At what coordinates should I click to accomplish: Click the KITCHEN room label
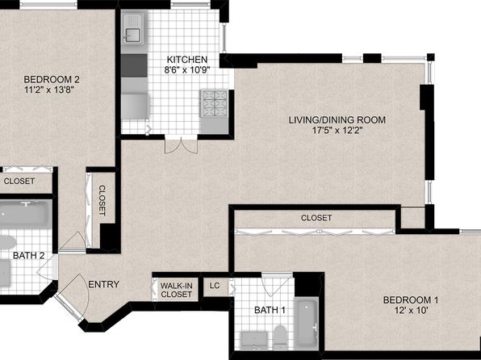(x=186, y=59)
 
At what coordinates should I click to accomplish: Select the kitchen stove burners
(x=214, y=103)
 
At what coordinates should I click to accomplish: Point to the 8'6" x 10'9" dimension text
(x=186, y=70)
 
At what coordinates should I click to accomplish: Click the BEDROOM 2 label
(x=52, y=79)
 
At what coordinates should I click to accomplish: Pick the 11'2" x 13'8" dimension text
(x=49, y=90)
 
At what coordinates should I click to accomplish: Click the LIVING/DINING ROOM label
(x=337, y=119)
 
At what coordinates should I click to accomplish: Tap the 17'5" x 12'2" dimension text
(x=337, y=131)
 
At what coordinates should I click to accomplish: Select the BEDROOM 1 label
(x=411, y=299)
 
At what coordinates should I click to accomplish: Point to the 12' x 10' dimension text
(x=411, y=310)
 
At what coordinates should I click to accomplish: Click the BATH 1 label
(x=270, y=310)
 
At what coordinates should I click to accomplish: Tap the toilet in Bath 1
(x=279, y=337)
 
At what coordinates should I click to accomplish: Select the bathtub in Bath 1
(x=306, y=323)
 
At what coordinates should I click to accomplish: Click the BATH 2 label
(x=28, y=255)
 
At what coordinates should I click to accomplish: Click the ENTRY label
(x=103, y=284)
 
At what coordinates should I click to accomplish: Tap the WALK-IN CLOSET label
(x=177, y=290)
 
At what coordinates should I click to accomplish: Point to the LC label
(x=215, y=286)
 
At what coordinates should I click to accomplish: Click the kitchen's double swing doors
(x=181, y=145)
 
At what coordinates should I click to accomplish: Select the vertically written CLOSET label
(x=102, y=200)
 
